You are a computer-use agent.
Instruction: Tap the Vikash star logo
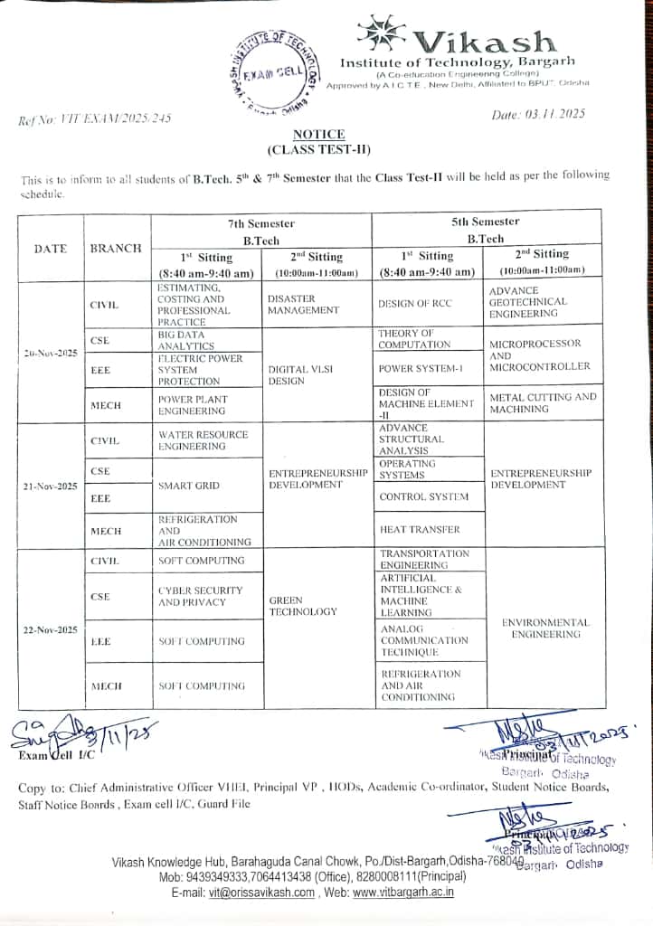tap(381, 32)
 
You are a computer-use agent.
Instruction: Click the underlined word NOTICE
tap(318, 134)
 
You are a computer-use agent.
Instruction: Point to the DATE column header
tap(50, 248)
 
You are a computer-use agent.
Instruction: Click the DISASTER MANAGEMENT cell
tap(303, 304)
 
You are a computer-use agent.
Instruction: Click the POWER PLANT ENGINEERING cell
tap(193, 405)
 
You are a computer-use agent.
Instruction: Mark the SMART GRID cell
tap(188, 486)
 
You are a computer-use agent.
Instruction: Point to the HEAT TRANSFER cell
tap(420, 529)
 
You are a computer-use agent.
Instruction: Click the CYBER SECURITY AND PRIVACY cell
tap(201, 596)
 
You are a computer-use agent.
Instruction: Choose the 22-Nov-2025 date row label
tap(50, 629)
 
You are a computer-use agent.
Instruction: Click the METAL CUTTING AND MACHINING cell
tap(543, 402)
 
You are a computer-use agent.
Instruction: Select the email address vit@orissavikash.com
tap(261, 892)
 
